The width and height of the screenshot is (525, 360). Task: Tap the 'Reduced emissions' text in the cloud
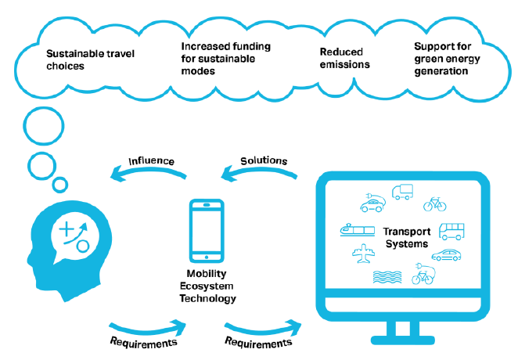(x=345, y=59)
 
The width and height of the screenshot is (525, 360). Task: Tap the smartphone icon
(x=206, y=231)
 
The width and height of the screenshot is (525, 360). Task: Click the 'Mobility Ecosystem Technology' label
(x=207, y=288)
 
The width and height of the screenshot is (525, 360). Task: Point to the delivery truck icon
(x=403, y=191)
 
